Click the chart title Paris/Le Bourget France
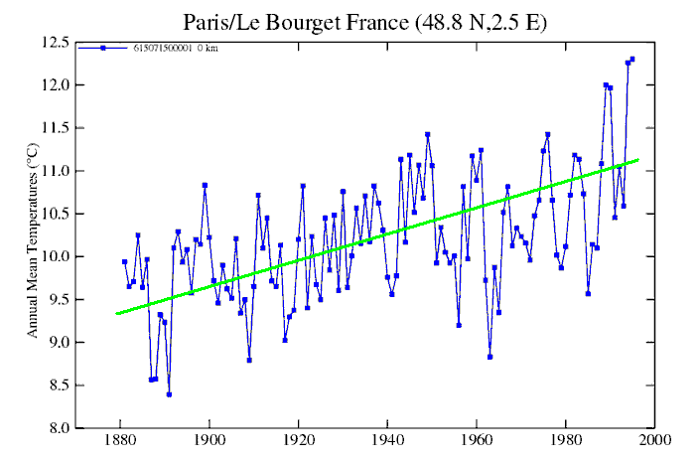pyautogui.click(x=349, y=21)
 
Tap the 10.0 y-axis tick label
pyautogui.click(x=55, y=256)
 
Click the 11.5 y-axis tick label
pyautogui.click(x=55, y=128)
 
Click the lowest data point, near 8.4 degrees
pyautogui.click(x=169, y=394)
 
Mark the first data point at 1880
pyautogui.click(x=124, y=261)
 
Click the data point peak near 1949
pyautogui.click(x=428, y=134)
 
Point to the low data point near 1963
pyautogui.click(x=489, y=357)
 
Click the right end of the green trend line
pyautogui.click(x=637, y=159)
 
